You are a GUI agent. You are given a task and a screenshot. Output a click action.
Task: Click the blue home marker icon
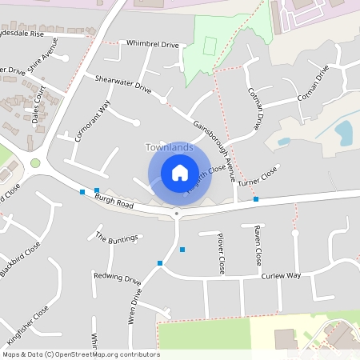coord(180,172)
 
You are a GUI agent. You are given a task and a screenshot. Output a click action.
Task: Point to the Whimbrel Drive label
coord(152,46)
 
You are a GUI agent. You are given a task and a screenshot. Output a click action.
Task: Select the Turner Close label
coord(257,177)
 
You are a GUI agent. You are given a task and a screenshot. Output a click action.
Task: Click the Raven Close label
coord(258,246)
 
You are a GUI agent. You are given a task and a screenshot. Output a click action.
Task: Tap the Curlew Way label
coord(280,275)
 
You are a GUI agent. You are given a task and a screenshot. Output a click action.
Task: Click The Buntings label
coord(117,237)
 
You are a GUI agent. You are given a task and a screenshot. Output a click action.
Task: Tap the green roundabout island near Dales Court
coord(35,163)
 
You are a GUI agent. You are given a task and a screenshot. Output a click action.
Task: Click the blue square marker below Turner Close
coord(256,198)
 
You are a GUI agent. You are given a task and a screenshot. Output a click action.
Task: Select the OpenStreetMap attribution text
coord(80,354)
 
